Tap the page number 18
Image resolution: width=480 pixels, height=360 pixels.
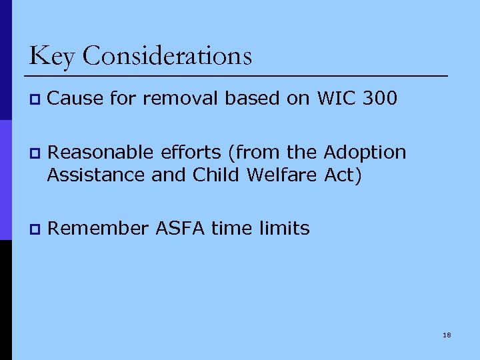coord(447,334)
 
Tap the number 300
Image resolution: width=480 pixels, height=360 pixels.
coord(380,99)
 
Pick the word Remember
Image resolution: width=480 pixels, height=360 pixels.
coord(98,229)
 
